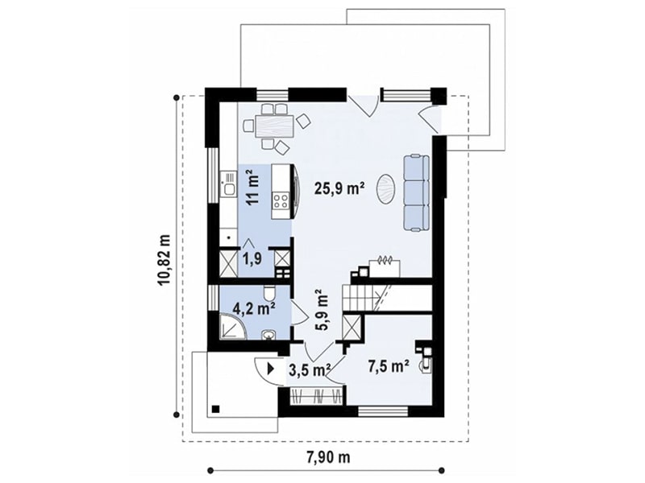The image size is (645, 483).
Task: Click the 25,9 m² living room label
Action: click(x=339, y=188)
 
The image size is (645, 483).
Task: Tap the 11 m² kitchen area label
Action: click(x=254, y=189)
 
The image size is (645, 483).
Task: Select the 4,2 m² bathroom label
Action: click(x=254, y=308)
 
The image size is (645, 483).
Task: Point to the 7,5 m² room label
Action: click(x=389, y=366)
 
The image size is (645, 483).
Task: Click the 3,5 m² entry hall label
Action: click(x=310, y=370)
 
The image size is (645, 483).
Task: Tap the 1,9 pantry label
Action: click(x=252, y=259)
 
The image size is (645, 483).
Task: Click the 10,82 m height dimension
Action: click(x=165, y=259)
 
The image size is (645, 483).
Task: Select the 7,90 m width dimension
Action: click(x=328, y=456)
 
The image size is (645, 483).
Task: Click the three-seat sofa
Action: click(x=416, y=193)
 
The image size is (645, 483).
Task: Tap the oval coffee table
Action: click(x=387, y=189)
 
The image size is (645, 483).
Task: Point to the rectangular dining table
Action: click(x=275, y=126)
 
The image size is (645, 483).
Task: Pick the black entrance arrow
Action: click(x=271, y=368)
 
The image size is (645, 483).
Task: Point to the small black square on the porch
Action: click(x=215, y=409)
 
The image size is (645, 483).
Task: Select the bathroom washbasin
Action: click(x=269, y=335)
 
